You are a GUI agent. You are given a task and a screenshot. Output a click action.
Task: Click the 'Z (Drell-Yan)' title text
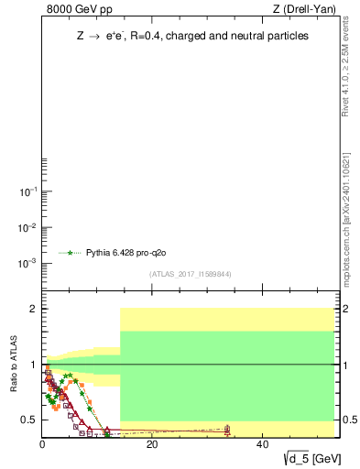[304, 9]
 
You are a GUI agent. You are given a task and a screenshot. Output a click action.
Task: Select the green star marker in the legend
[70, 252]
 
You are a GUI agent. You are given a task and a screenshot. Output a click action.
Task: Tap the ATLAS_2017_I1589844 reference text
[191, 273]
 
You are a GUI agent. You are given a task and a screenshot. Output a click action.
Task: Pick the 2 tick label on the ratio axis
[33, 309]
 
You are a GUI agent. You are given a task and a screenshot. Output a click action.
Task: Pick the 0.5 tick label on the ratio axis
[29, 420]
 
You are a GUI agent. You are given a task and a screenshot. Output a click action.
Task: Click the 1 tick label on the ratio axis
[33, 365]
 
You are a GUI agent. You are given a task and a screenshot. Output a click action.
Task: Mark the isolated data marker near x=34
[227, 429]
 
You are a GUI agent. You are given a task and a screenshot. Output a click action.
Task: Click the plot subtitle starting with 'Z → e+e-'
[192, 36]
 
